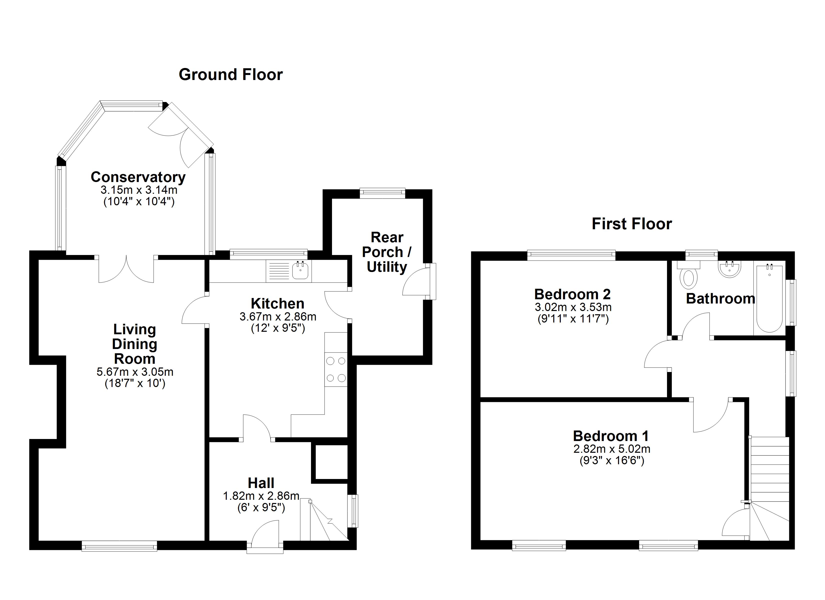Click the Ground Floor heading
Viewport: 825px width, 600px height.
[x=230, y=74]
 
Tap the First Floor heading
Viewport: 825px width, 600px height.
[x=632, y=224]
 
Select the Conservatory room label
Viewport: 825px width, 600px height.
[x=138, y=177]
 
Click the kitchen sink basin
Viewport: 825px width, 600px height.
[x=300, y=271]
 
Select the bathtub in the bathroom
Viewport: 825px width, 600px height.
[x=769, y=298]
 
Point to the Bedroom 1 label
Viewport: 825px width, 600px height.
[x=611, y=436]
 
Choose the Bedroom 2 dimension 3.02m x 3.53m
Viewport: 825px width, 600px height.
[x=573, y=307]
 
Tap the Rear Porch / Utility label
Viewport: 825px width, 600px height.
[x=387, y=252]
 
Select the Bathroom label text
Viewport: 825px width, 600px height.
[x=720, y=299]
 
